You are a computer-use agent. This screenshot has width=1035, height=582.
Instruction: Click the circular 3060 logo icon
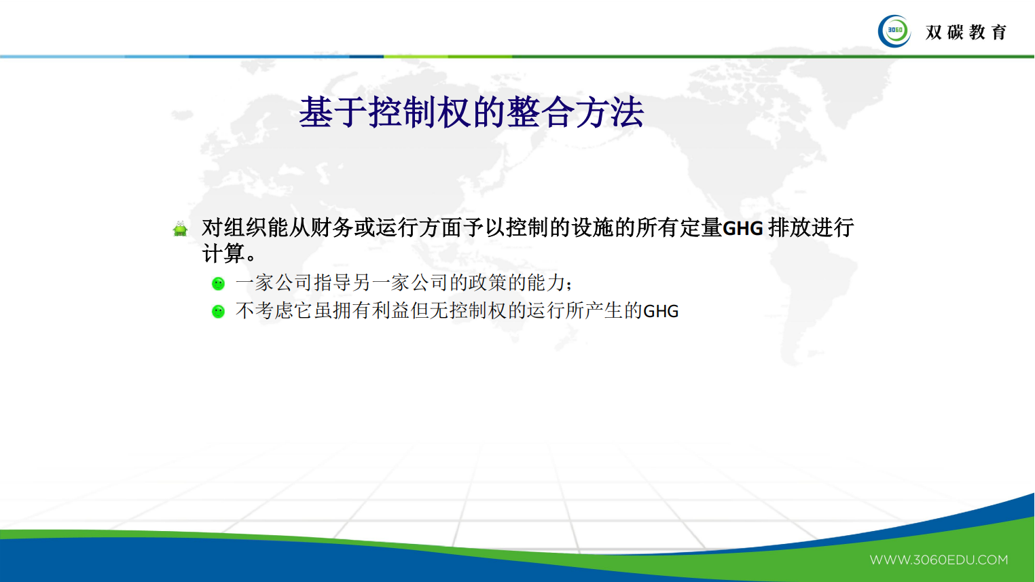[x=894, y=31]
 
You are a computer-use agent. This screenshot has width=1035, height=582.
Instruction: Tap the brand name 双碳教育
[x=966, y=32]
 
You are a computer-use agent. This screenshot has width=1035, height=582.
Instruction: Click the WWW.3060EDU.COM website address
[x=939, y=560]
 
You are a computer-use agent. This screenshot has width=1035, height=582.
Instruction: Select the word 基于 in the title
[x=333, y=113]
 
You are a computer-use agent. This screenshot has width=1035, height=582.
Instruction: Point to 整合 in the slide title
[x=541, y=113]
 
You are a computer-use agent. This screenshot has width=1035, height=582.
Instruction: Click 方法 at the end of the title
[x=610, y=113]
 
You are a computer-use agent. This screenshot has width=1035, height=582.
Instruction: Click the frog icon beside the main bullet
[x=180, y=229]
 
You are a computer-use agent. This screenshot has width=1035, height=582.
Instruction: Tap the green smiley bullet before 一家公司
[x=218, y=283]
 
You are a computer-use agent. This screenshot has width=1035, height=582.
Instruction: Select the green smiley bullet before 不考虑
[x=218, y=311]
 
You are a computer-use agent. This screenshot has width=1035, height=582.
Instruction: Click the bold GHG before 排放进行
[x=743, y=228]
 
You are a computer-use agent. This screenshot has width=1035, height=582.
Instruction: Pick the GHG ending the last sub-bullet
[x=661, y=311]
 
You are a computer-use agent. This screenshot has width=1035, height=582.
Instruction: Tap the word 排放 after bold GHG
[x=789, y=228]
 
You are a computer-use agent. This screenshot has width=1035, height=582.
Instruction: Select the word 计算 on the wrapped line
[x=223, y=254]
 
